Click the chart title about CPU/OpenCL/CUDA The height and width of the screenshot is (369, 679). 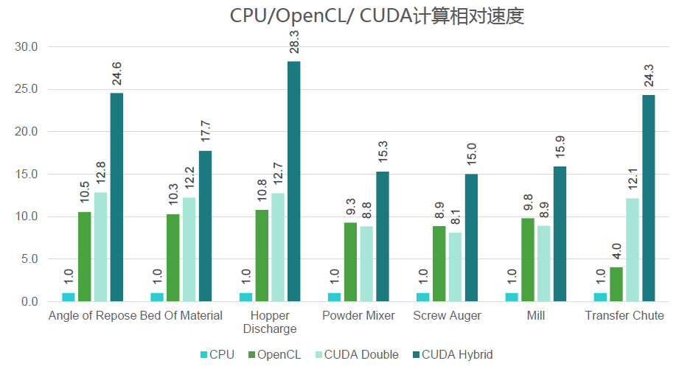(x=377, y=16)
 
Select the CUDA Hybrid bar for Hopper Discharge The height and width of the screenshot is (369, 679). (x=293, y=181)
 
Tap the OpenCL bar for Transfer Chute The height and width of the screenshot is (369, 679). (x=616, y=284)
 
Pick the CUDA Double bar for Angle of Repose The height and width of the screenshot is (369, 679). (x=100, y=247)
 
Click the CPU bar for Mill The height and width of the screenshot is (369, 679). (x=511, y=297)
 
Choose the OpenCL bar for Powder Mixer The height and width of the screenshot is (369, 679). (x=350, y=261)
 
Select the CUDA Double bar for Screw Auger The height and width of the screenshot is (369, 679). (x=455, y=267)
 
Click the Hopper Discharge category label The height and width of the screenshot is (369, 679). (x=270, y=322)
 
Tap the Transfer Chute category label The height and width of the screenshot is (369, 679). (x=624, y=316)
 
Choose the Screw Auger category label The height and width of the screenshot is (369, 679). (x=447, y=316)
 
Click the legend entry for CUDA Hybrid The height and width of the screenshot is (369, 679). (x=451, y=354)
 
